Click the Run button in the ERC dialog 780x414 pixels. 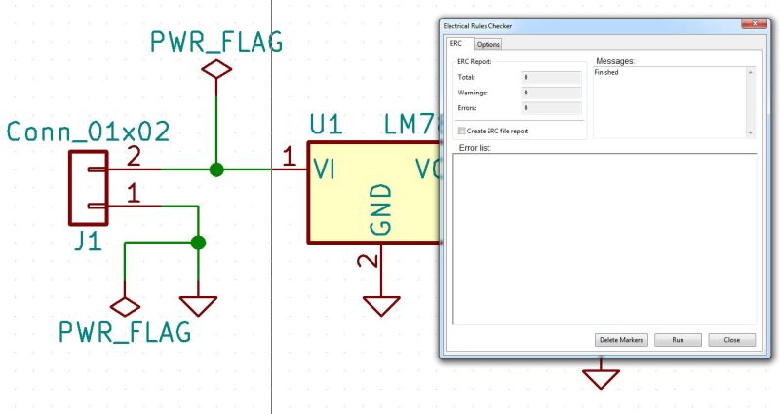[x=677, y=340]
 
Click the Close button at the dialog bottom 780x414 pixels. [x=732, y=340]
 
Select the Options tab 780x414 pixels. [x=487, y=44]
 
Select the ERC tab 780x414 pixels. [x=456, y=44]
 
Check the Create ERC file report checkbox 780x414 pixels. [x=461, y=131]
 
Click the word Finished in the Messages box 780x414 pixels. [x=606, y=73]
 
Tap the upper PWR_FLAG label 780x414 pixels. [x=215, y=42]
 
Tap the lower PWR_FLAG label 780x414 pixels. [x=124, y=332]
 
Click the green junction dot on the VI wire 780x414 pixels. [x=216, y=169]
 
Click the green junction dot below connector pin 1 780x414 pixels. [x=199, y=243]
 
